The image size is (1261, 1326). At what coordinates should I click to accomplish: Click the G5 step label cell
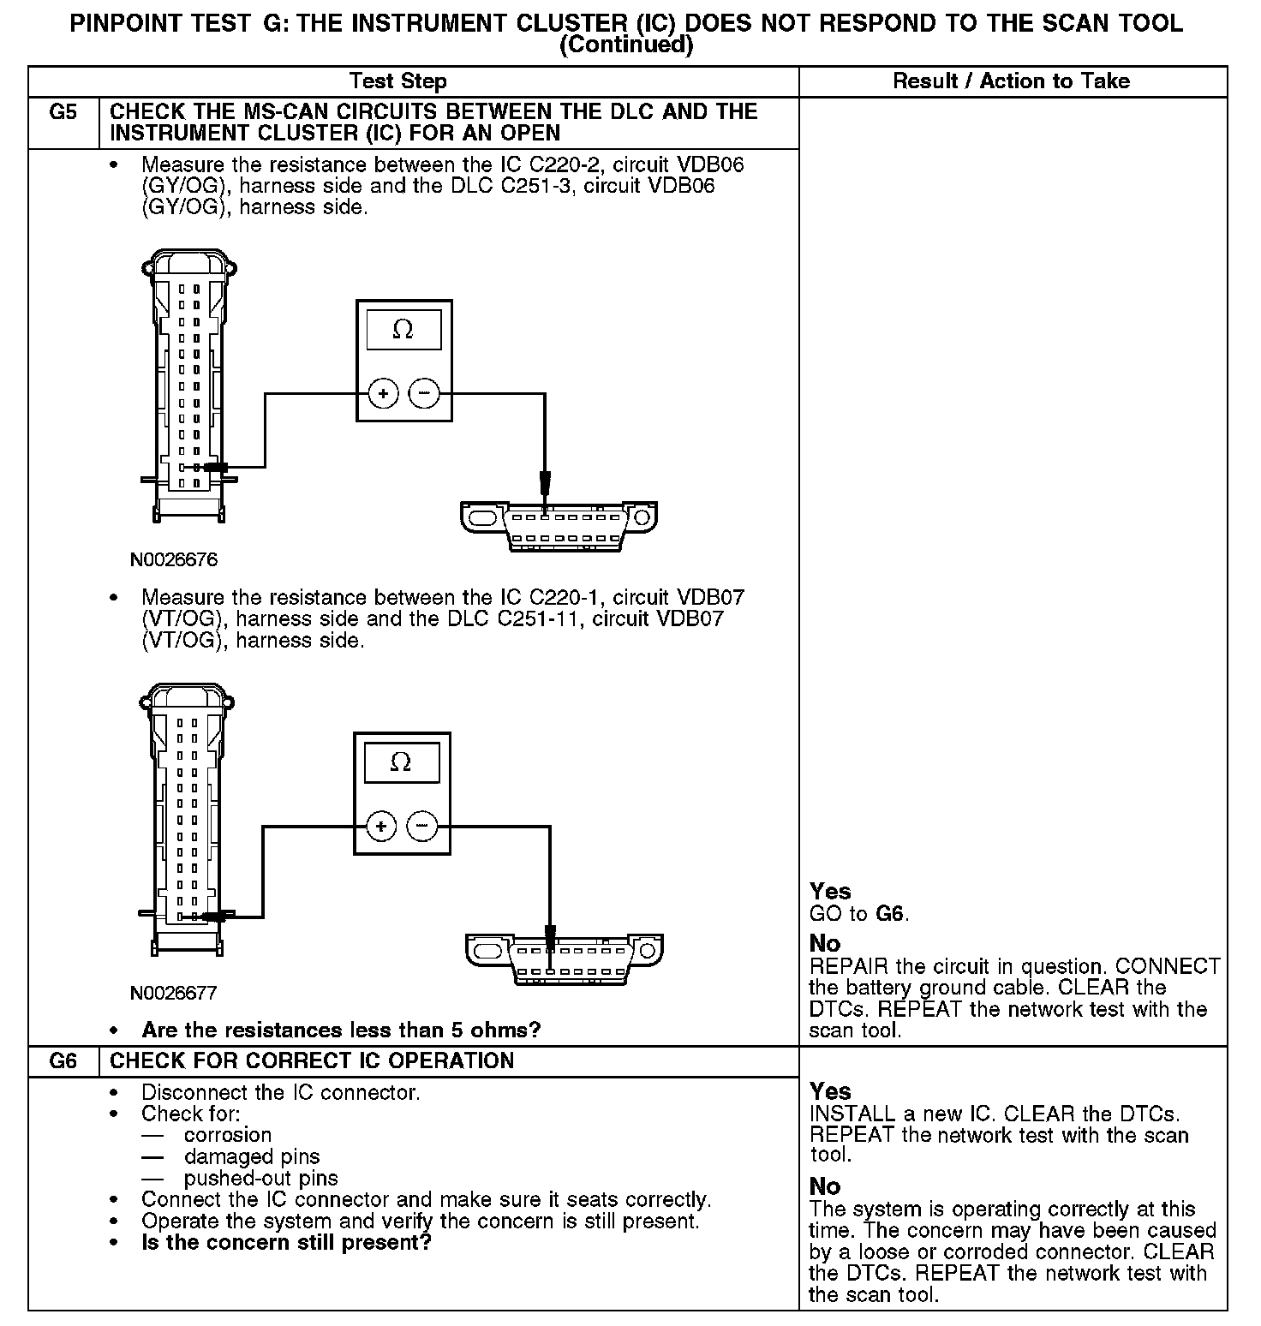63,113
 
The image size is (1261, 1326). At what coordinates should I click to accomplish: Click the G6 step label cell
63,1061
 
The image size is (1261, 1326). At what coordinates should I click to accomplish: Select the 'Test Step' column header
398,81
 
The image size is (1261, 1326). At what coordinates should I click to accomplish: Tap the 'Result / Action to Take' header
1011,81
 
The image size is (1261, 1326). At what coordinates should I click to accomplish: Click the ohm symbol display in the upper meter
403,330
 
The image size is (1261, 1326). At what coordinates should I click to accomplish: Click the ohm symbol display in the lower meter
401,762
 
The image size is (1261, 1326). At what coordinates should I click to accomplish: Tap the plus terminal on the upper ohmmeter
384,394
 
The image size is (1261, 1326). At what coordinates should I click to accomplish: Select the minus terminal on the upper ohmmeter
424,394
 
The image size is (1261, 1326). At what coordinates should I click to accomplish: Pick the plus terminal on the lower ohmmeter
381,827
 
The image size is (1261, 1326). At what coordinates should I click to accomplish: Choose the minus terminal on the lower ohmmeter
421,827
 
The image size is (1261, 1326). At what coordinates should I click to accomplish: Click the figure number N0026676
174,560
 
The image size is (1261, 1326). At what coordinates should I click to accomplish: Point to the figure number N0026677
174,994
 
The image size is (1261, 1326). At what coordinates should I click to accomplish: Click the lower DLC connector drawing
564,959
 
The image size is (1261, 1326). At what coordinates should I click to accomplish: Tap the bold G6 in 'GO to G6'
890,914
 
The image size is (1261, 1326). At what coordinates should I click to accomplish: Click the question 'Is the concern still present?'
286,1242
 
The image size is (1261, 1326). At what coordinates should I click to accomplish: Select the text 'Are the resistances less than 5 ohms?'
341,1030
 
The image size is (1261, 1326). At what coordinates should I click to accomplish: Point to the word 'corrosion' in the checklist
228,1135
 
